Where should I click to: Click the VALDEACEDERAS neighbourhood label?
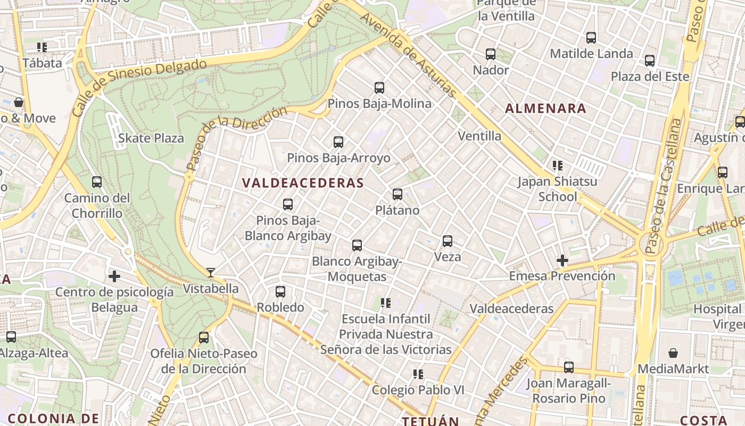coord(303,183)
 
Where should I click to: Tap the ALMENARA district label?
coord(545,109)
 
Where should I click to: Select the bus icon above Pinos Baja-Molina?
coord(379,87)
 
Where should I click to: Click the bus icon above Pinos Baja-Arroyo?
coord(338,142)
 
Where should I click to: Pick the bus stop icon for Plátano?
coord(398,194)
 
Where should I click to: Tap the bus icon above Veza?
coord(448,241)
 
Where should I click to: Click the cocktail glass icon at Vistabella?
coord(211,273)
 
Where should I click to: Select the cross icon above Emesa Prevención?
coord(562,260)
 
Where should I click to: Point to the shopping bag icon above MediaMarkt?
coord(673,353)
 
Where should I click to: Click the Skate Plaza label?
coord(151,138)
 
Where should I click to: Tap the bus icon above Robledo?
coord(280,291)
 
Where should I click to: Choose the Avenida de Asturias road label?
coord(408,54)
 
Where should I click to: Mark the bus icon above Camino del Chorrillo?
coord(97,182)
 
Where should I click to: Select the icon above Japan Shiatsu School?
coord(557,166)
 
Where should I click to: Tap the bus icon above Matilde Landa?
coord(591,38)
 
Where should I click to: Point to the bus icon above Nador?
coord(491,54)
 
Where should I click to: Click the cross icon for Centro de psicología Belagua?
coord(114,276)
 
